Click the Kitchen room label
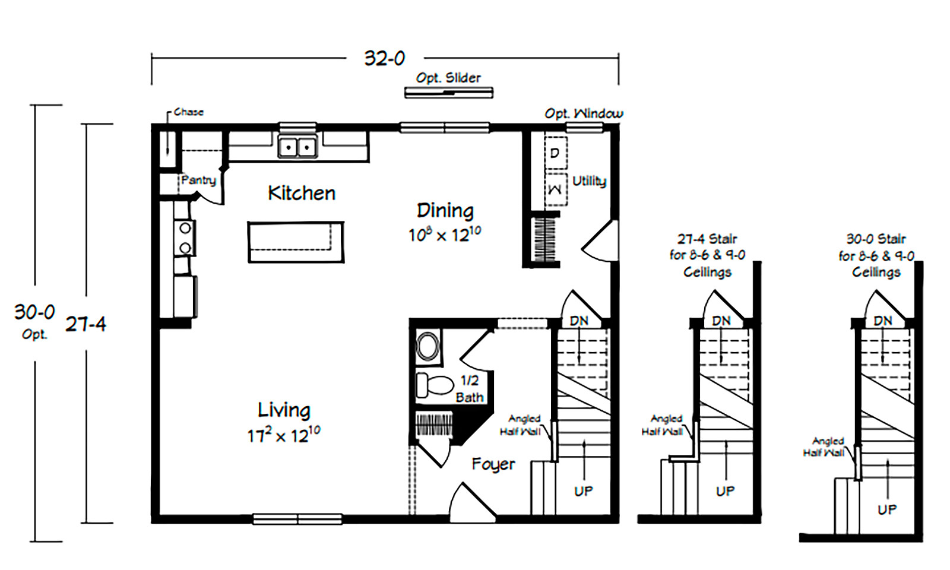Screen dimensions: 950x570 (302, 194)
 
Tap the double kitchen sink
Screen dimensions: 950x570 (297, 147)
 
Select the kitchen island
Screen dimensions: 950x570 (296, 242)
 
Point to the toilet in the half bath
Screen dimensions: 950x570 (435, 385)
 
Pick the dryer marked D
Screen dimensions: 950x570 (555, 153)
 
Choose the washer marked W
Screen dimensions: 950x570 (555, 189)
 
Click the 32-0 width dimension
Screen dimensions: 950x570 (385, 59)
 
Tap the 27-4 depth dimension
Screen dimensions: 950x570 (86, 324)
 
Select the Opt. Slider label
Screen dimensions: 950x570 (448, 78)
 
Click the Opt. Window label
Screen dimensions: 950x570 (584, 113)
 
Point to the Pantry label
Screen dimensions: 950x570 (198, 180)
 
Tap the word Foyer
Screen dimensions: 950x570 (493, 464)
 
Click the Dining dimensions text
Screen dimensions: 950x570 (445, 235)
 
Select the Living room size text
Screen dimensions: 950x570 (284, 435)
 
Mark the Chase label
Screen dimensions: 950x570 (189, 112)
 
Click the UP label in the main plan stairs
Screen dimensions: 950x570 (584, 491)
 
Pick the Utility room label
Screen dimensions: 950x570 (589, 182)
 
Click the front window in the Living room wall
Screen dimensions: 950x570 (297, 519)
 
